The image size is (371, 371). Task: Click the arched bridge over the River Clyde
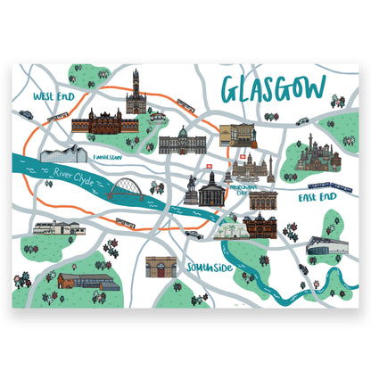point(131,190)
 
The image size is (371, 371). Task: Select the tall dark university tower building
point(136,92)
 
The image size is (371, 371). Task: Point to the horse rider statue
point(191,186)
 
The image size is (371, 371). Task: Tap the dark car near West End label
point(27,114)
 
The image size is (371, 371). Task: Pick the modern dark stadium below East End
point(323,246)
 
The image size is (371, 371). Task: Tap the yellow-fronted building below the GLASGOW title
point(235,135)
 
